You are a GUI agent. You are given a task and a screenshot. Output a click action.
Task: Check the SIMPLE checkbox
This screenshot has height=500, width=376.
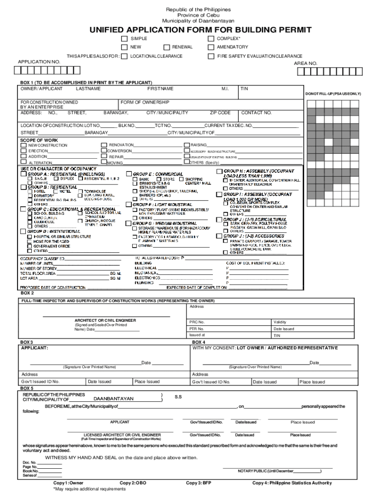[x=125, y=39]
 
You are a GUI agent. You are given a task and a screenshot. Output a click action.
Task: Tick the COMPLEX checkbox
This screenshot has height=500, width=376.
[x=211, y=39]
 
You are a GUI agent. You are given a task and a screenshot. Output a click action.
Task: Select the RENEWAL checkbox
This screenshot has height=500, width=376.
[x=167, y=47]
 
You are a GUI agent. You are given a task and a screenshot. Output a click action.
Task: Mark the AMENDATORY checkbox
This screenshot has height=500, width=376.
[x=211, y=47]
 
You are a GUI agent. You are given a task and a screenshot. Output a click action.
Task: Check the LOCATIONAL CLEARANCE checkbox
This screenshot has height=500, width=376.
[x=125, y=56]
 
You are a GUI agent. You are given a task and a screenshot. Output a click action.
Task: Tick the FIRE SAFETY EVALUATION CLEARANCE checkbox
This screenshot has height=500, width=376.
[x=211, y=56]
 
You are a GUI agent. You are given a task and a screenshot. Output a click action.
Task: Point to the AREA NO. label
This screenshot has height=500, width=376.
[x=305, y=63]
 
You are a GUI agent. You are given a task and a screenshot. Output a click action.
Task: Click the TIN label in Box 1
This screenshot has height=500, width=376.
[x=245, y=89]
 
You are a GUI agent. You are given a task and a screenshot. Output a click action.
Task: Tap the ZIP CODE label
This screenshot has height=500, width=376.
[x=220, y=113]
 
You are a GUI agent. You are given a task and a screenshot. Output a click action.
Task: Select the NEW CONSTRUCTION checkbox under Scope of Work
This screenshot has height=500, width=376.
[x=23, y=146]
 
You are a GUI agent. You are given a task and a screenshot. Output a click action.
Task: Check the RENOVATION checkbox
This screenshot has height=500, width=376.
[x=104, y=145]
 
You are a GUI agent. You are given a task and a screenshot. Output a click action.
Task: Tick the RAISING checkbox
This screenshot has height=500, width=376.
[x=187, y=145]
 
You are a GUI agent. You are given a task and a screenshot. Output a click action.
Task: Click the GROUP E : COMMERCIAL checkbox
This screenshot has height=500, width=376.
[x=129, y=174]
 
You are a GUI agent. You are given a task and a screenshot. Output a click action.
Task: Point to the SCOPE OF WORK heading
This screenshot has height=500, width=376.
[x=39, y=140]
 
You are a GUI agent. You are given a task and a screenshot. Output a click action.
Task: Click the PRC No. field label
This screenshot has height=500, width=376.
[x=197, y=322]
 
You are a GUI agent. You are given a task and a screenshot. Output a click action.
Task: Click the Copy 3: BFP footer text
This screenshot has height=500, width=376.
[x=198, y=483]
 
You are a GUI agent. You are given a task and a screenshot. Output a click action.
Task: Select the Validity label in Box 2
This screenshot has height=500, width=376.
[x=280, y=322]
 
